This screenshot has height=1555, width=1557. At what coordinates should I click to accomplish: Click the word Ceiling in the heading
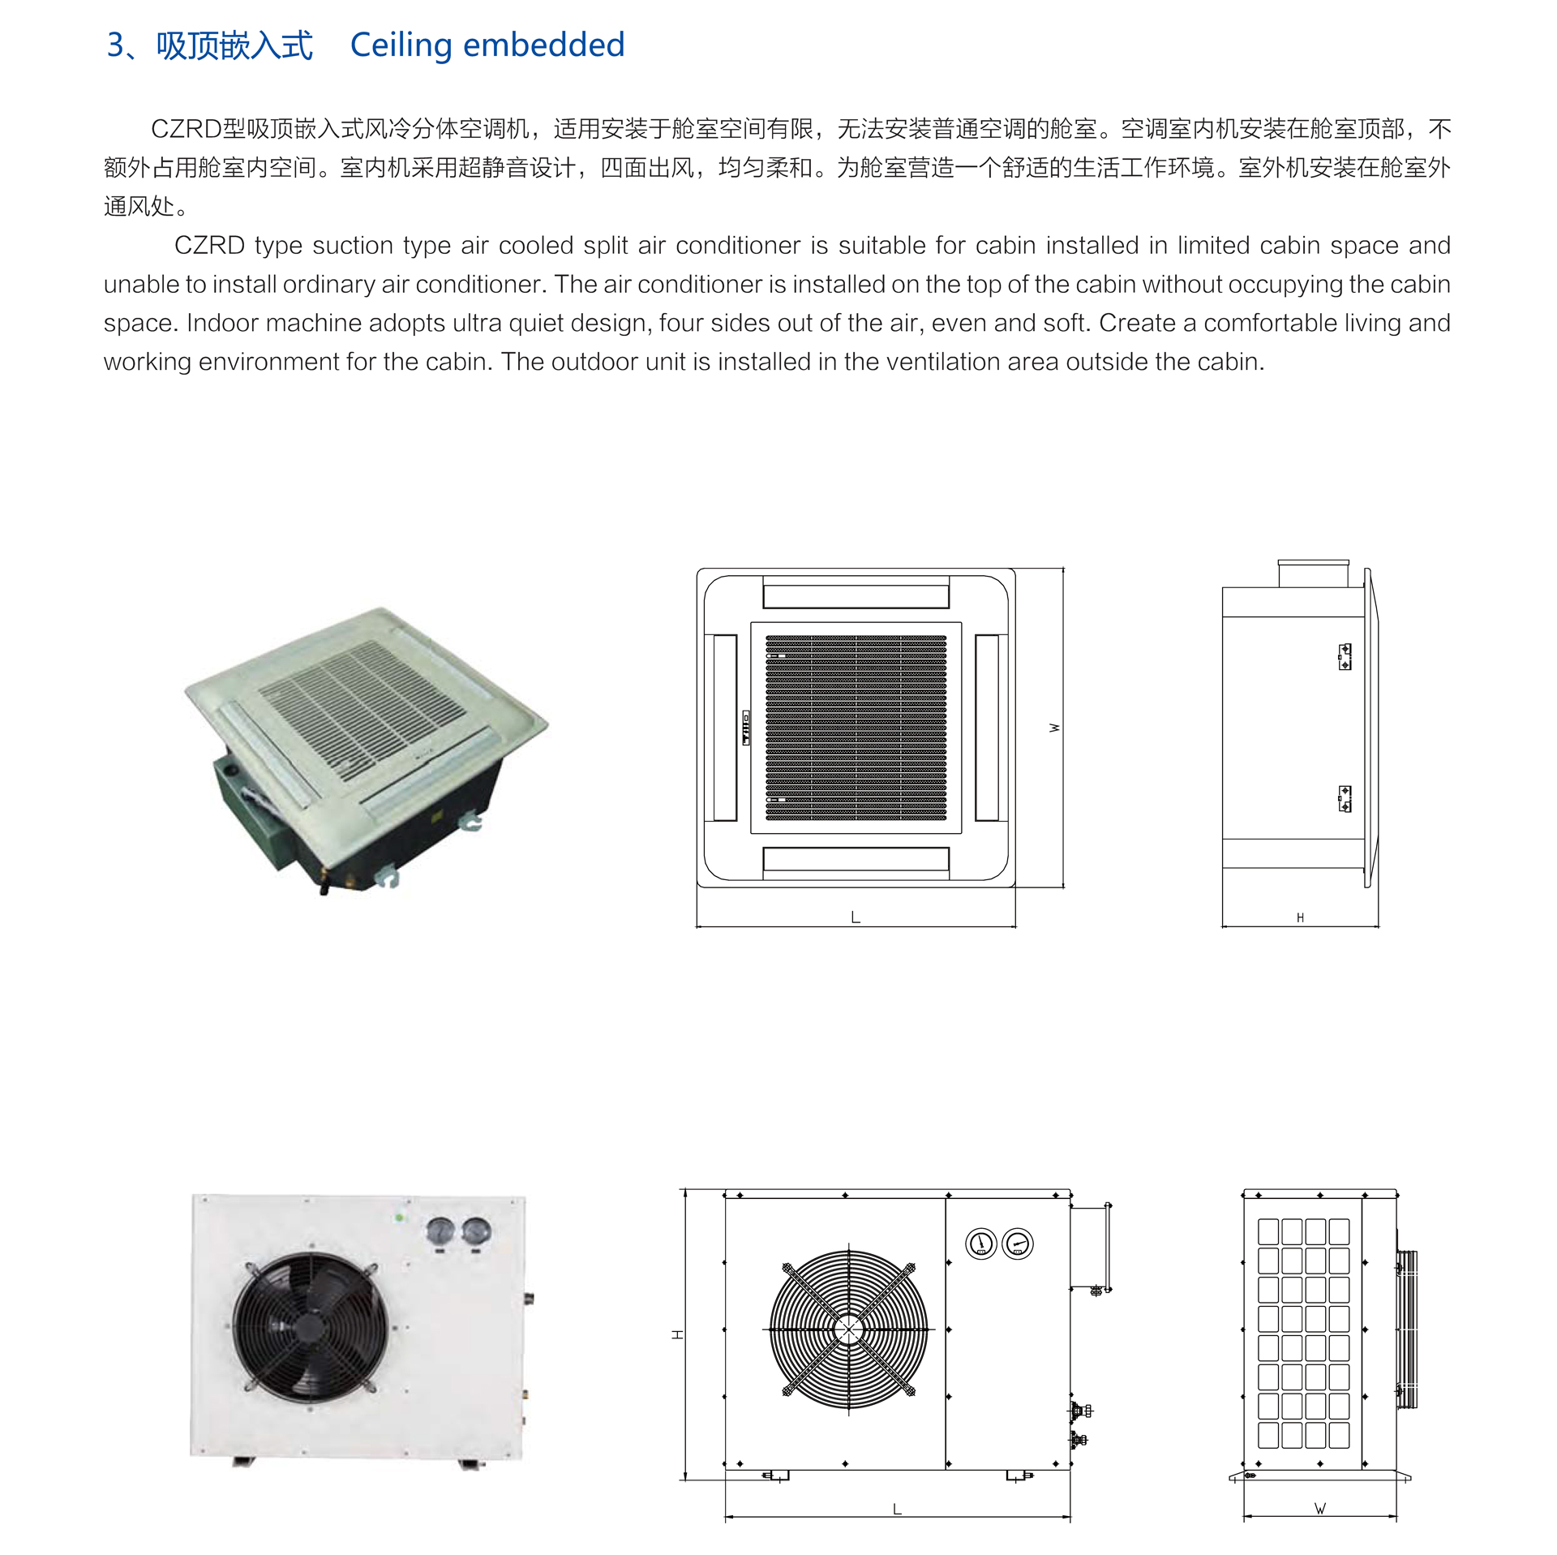400,45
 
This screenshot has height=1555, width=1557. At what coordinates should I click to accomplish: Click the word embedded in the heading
543,45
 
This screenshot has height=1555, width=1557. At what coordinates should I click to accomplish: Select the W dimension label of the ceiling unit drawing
1054,728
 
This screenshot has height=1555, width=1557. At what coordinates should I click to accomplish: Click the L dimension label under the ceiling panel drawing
856,917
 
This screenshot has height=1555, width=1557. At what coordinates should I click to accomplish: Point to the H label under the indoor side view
1300,918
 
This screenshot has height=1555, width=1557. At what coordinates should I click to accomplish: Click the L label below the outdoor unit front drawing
897,1510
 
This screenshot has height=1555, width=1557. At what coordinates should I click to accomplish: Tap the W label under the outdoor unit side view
1320,1509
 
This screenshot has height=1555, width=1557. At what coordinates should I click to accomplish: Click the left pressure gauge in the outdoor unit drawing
981,1244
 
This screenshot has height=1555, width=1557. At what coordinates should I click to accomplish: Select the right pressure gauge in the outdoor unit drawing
1018,1244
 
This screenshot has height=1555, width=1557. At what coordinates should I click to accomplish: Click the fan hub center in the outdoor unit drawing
849,1329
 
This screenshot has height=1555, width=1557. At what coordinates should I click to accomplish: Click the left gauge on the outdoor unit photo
440,1231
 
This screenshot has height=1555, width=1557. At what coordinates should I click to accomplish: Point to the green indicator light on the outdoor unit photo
399,1218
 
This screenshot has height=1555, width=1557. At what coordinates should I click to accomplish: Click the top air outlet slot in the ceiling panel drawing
856,596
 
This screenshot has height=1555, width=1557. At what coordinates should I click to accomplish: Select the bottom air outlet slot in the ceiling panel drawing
856,859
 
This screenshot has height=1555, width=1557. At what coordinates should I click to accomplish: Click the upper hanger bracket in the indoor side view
1345,656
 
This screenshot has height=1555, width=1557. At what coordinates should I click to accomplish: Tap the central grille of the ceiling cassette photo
362,708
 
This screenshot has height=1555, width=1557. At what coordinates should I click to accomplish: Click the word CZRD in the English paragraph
209,246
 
